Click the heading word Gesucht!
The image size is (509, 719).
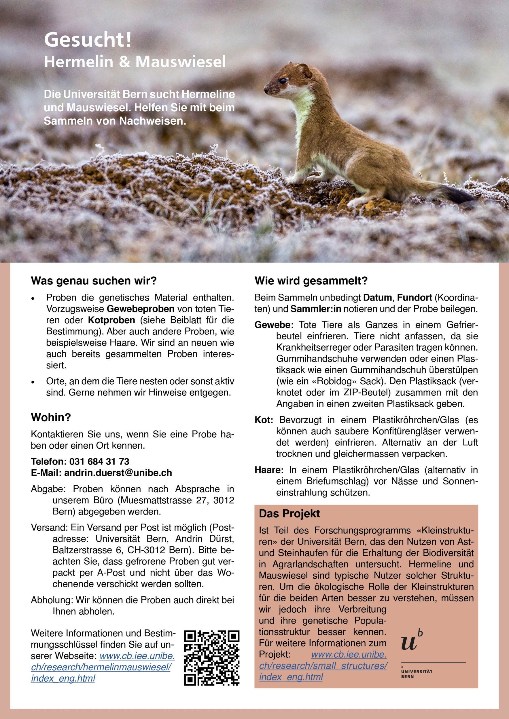pos(88,40)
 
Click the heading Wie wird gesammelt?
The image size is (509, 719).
pos(311,281)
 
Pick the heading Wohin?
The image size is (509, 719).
pos(51,417)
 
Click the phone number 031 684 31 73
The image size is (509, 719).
pos(99,462)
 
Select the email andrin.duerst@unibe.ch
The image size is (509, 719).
pos(118,473)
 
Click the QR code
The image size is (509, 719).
pos(212,658)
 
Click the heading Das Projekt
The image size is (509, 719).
pos(289,514)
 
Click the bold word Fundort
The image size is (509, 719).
pos(414,297)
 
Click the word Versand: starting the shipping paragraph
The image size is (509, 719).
pos(49,528)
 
